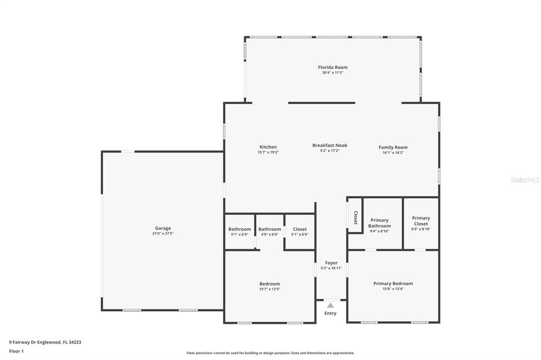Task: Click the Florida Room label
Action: (x=333, y=67)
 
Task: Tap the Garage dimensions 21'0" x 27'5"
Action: (x=163, y=233)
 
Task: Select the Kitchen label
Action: (x=268, y=147)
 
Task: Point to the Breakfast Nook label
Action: (x=330, y=145)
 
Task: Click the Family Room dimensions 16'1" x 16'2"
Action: (x=393, y=153)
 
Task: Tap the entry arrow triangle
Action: (x=331, y=305)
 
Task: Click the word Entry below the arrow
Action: (x=330, y=313)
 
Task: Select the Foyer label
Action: (x=331, y=263)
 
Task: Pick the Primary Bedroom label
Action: (x=393, y=283)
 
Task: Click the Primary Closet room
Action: (x=421, y=223)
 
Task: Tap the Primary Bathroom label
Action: (x=379, y=223)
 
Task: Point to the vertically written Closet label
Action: (x=356, y=217)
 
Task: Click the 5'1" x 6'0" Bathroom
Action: (x=239, y=231)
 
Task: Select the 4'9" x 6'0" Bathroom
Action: (x=269, y=231)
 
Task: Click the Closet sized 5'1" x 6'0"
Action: (x=300, y=231)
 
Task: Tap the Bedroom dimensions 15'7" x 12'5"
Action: (x=270, y=289)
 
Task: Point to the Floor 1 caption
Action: (x=16, y=351)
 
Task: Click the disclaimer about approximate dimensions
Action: (x=270, y=353)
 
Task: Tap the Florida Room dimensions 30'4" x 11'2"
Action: (x=333, y=73)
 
